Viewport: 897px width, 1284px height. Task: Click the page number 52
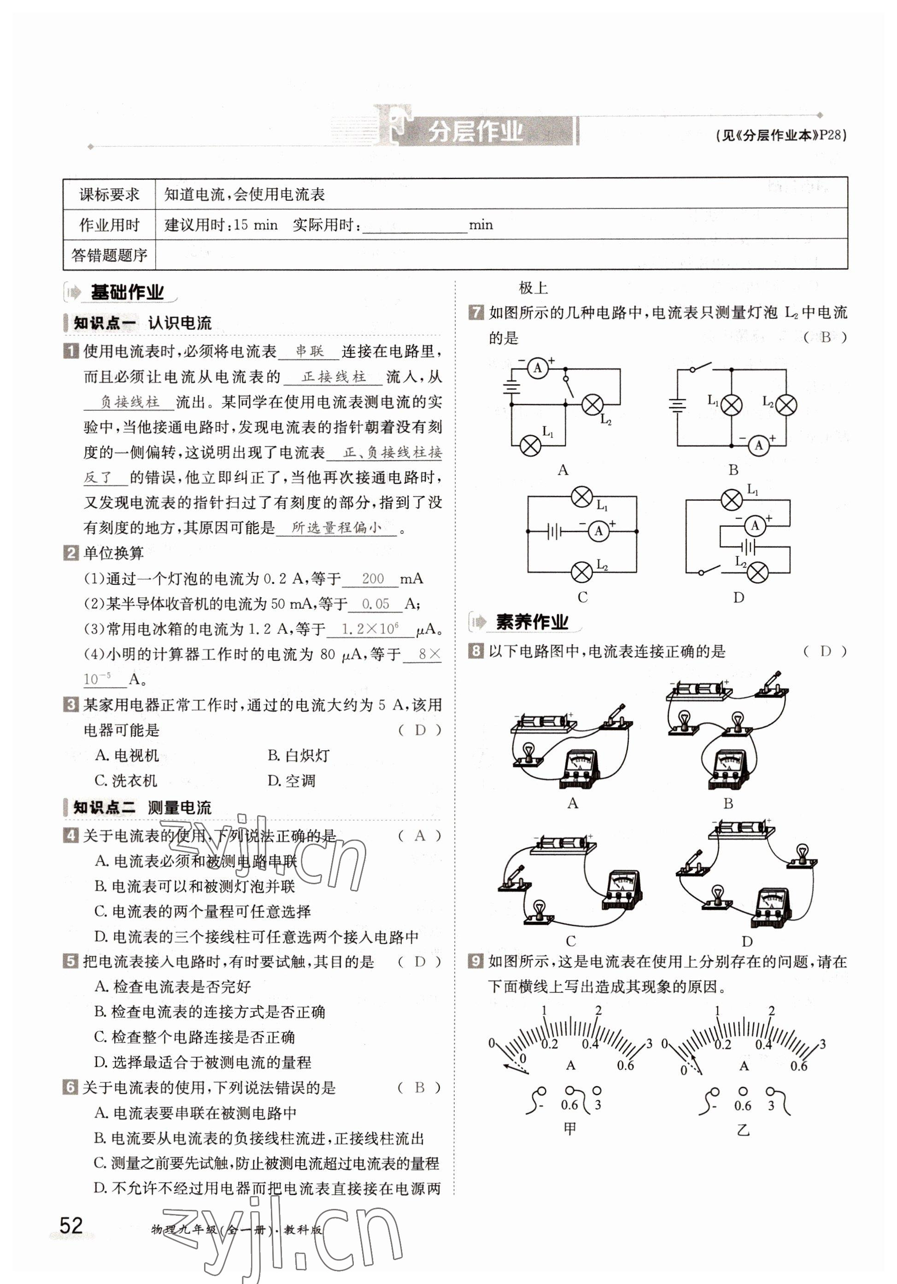pyautogui.click(x=71, y=1225)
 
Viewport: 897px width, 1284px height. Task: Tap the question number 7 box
pyautogui.click(x=475, y=312)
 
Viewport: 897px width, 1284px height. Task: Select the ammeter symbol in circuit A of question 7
pyautogui.click(x=538, y=368)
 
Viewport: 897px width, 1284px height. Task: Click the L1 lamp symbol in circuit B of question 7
pyautogui.click(x=731, y=405)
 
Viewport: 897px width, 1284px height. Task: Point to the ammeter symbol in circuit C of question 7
pyautogui.click(x=598, y=530)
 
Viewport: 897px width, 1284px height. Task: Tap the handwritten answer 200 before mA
pyautogui.click(x=373, y=578)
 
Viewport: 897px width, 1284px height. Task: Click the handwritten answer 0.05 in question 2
pyautogui.click(x=375, y=604)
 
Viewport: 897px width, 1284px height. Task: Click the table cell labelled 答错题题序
pyautogui.click(x=109, y=255)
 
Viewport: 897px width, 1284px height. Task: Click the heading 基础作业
pyautogui.click(x=127, y=292)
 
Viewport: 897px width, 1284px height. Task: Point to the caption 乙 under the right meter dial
pyautogui.click(x=743, y=1130)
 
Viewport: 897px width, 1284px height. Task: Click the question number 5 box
pyautogui.click(x=70, y=961)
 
